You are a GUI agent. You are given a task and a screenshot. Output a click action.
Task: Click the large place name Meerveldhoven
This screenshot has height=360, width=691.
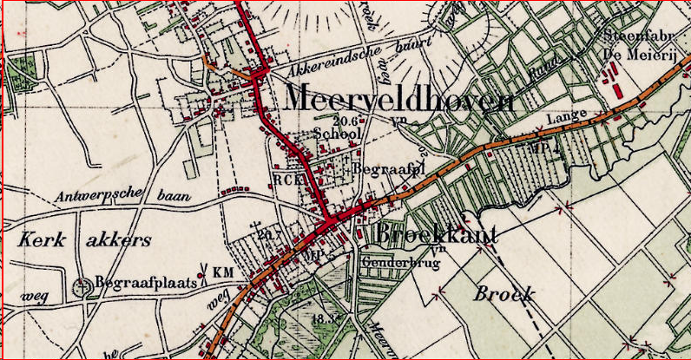[398, 100]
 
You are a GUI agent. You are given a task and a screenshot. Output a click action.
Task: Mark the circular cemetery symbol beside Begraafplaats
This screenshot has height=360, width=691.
[83, 285]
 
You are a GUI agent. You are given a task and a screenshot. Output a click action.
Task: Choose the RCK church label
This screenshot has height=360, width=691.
[286, 180]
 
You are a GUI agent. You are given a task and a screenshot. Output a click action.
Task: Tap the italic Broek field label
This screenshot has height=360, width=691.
[503, 294]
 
